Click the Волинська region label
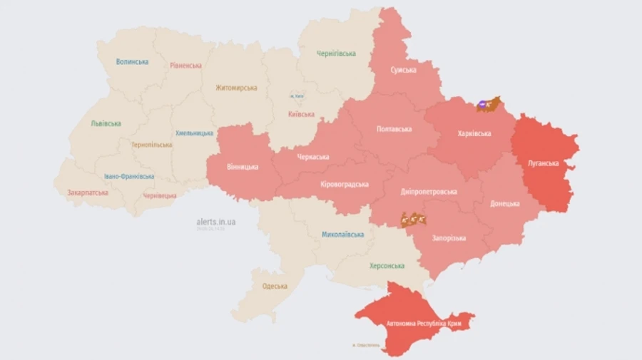(132, 62)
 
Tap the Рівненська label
(185, 66)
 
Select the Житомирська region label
(236, 88)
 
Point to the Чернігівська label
(337, 53)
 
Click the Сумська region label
(403, 70)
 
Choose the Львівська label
(106, 123)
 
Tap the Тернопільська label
(151, 145)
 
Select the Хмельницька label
(194, 133)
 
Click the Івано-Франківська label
(128, 176)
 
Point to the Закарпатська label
(88, 192)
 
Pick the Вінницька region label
(243, 167)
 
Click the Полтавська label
(394, 129)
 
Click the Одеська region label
(275, 286)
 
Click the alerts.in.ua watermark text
(216, 222)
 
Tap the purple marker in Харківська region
(484, 106)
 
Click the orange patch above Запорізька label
(414, 220)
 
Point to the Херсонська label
(387, 265)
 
